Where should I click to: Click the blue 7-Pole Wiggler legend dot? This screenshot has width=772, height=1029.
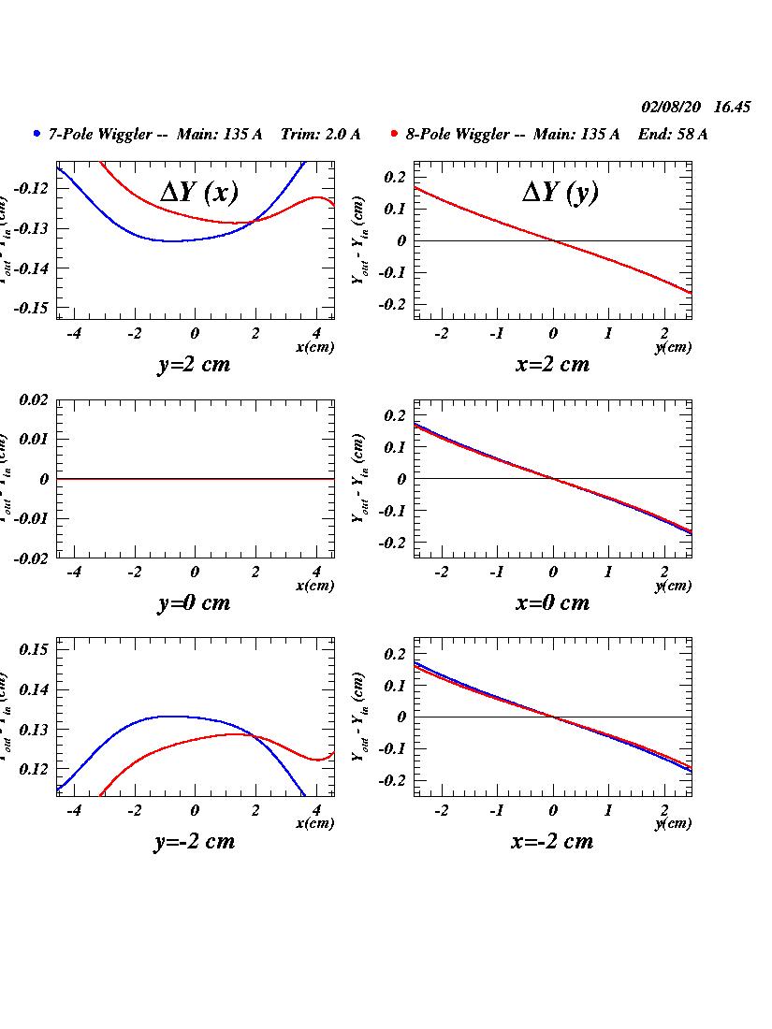tap(36, 134)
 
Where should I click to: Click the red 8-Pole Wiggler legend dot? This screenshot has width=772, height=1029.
tap(395, 134)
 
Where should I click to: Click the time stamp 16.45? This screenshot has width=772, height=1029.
tap(732, 108)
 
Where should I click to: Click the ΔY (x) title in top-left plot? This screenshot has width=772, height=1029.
tap(199, 192)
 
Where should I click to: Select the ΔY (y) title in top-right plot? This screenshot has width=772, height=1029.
tap(560, 192)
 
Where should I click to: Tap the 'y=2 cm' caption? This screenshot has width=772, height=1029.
tap(194, 364)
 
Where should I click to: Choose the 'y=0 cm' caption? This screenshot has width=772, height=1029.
tap(194, 602)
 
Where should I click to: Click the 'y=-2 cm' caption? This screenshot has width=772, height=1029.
tap(194, 841)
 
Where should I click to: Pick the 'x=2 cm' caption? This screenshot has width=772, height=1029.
tap(552, 364)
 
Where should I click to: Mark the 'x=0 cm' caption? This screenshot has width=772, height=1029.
tap(552, 602)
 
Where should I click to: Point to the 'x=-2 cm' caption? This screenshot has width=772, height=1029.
tap(552, 841)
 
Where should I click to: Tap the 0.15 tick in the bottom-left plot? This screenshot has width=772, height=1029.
tap(34, 649)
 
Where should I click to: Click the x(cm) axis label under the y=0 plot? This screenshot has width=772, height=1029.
tap(314, 586)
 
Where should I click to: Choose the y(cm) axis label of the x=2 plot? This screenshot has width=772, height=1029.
tap(674, 347)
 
